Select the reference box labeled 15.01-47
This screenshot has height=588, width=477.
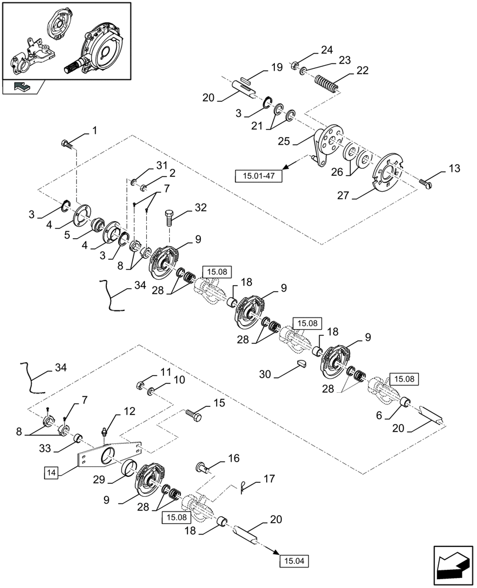[x=258, y=175]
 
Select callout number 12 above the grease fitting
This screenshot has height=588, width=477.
[x=129, y=411]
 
